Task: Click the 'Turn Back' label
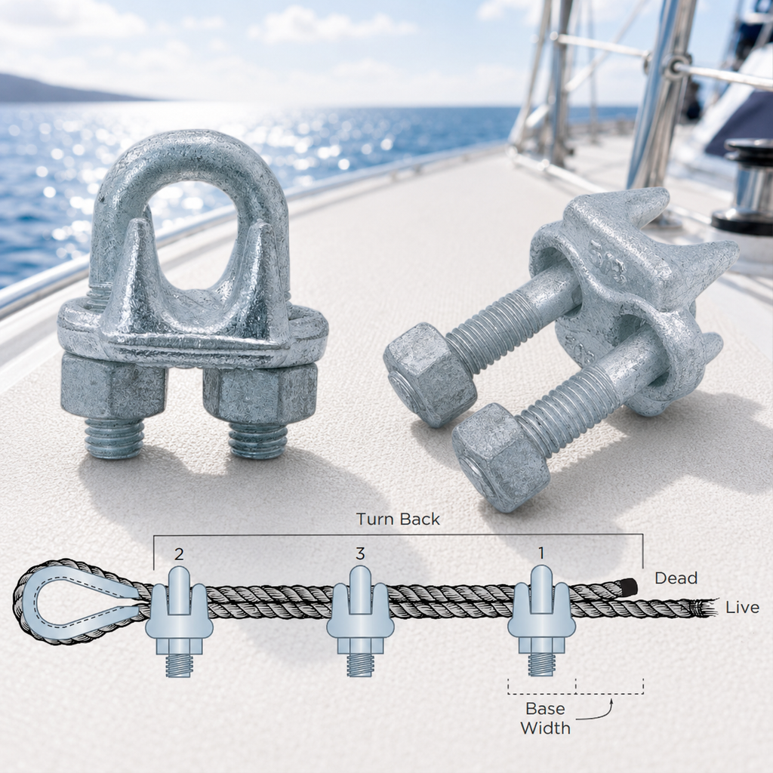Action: (x=398, y=519)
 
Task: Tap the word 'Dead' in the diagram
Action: (x=676, y=577)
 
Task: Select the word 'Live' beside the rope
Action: (x=742, y=608)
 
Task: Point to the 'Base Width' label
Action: (x=545, y=718)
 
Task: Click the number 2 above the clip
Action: (x=179, y=554)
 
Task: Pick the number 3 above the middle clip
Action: (x=360, y=553)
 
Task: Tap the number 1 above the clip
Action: (x=541, y=553)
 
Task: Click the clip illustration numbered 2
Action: (x=179, y=621)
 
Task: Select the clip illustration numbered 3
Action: (x=360, y=621)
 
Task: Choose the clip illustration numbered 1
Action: (x=541, y=621)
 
